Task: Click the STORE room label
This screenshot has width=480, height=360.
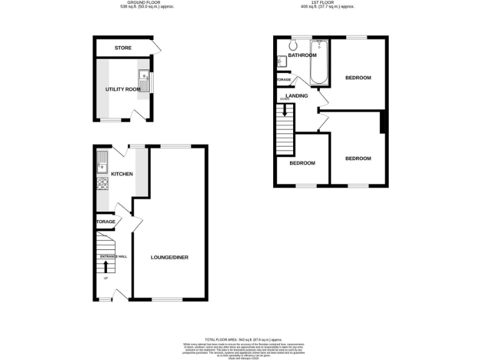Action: click(122, 48)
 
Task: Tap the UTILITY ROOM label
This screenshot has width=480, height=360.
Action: click(122, 89)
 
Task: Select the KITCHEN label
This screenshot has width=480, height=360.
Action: click(122, 174)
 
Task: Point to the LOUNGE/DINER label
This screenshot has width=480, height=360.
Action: click(169, 257)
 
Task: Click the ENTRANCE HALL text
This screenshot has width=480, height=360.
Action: click(112, 257)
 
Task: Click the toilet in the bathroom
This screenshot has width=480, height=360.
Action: click(294, 45)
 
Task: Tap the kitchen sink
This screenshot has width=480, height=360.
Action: click(102, 164)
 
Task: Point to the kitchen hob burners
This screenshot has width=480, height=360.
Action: click(102, 184)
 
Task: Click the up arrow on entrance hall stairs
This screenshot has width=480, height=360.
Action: click(105, 266)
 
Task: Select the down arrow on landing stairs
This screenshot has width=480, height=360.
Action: click(285, 111)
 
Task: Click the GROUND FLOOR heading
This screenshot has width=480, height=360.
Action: click(146, 3)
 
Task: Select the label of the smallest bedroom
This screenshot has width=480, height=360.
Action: click(302, 163)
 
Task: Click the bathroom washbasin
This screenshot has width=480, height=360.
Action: click(282, 61)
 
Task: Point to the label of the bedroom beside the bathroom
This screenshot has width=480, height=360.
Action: click(358, 77)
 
